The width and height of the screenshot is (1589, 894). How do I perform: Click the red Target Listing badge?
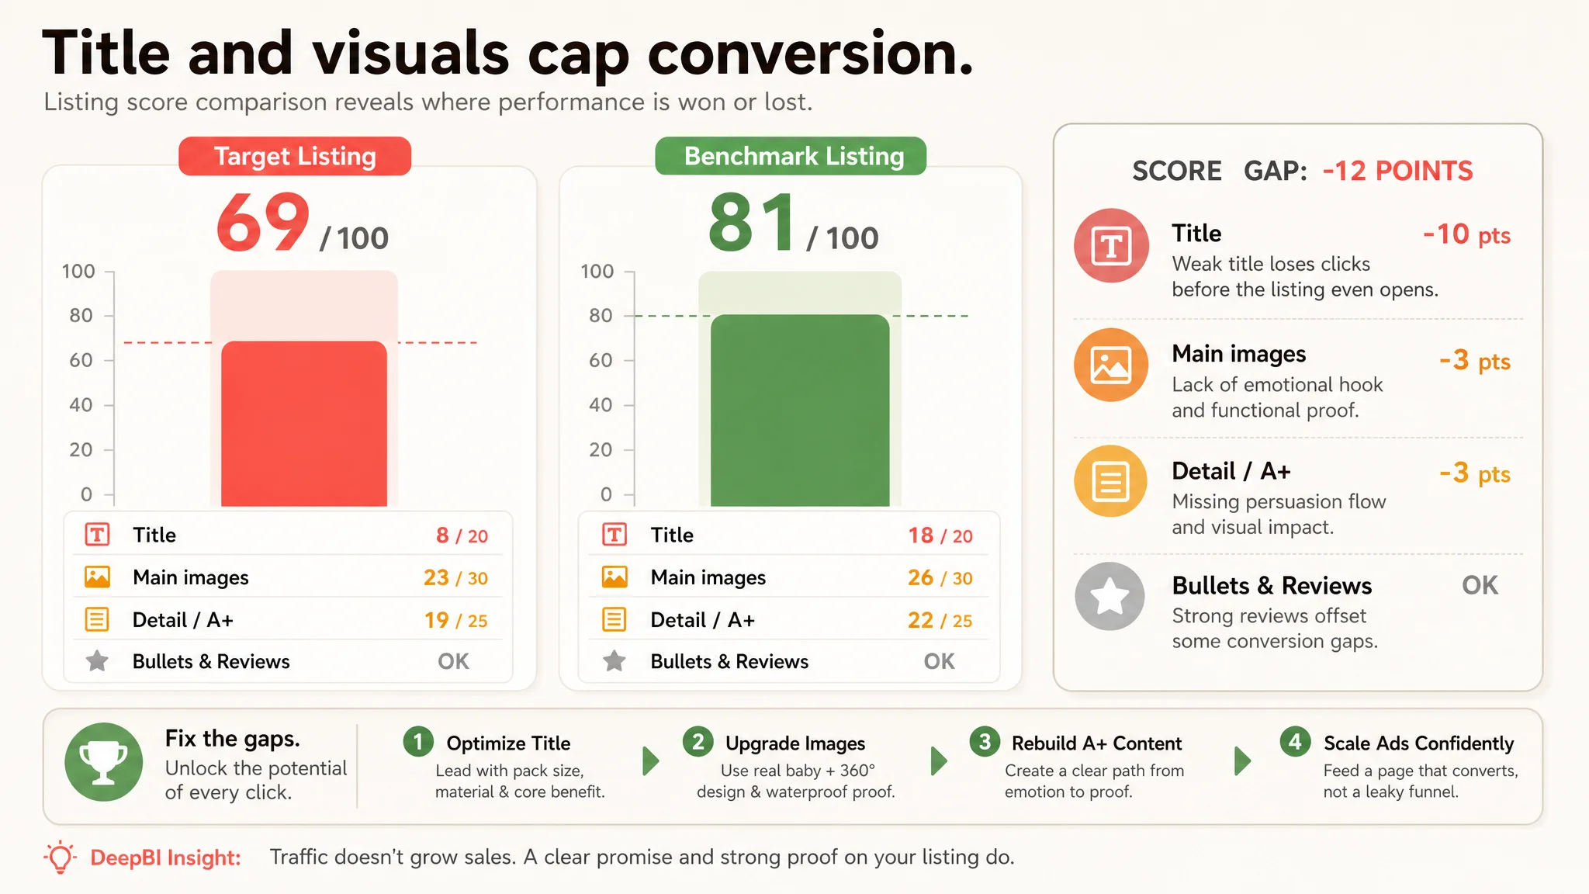tap(295, 156)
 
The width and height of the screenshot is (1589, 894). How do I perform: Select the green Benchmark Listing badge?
tap(791, 156)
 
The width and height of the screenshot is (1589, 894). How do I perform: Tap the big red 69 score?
tap(264, 223)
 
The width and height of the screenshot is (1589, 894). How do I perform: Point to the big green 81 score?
tap(752, 223)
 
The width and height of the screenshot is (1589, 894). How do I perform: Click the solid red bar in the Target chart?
tap(304, 424)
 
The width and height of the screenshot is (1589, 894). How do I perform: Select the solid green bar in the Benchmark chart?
tap(800, 411)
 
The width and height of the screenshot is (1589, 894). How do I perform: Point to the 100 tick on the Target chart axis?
tap(78, 272)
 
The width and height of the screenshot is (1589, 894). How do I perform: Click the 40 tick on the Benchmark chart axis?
tap(601, 405)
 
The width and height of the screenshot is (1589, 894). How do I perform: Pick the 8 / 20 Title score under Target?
tap(462, 535)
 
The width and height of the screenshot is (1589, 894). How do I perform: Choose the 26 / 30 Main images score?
tap(940, 578)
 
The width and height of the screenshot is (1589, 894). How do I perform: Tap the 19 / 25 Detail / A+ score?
tap(455, 620)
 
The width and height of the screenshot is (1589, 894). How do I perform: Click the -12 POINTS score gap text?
tap(1397, 171)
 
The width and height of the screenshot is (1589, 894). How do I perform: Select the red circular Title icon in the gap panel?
tap(1111, 246)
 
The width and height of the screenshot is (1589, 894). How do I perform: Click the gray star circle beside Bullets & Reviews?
tap(1110, 596)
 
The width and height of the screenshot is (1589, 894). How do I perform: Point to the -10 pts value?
tap(1466, 234)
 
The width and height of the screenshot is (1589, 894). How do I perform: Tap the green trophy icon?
tap(103, 762)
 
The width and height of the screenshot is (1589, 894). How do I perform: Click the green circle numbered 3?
tap(985, 742)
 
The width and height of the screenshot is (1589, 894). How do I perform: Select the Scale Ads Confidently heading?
tap(1418, 743)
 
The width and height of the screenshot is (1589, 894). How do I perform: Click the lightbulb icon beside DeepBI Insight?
tap(61, 858)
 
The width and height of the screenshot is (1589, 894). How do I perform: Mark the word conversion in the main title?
tap(810, 54)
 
